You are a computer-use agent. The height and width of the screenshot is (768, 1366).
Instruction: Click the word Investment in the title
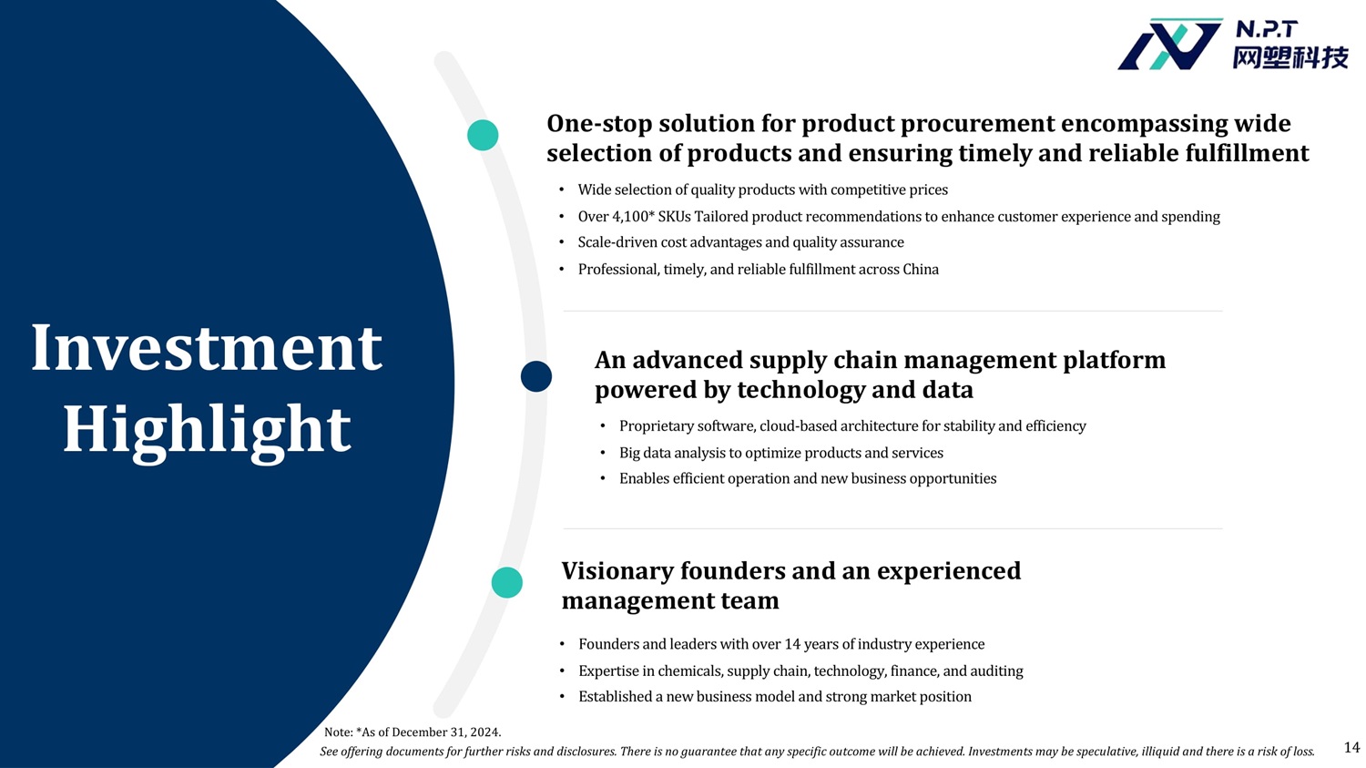[207, 348]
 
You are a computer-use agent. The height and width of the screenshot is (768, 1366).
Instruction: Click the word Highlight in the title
[207, 431]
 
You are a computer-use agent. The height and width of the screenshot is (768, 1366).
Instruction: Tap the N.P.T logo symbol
[1169, 45]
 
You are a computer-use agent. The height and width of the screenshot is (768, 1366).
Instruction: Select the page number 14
[1351, 747]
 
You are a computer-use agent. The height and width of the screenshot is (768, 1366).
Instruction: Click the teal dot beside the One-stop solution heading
[483, 135]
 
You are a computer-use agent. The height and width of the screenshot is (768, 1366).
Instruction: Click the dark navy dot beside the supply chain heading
[536, 375]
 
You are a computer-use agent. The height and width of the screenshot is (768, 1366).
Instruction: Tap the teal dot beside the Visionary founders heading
[506, 582]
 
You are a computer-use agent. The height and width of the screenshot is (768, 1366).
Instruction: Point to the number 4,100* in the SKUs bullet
[633, 217]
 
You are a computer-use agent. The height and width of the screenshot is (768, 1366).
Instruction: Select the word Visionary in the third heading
[617, 571]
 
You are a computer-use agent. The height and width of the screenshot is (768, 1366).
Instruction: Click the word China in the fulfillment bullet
[921, 270]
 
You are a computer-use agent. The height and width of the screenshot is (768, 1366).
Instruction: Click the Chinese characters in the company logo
[1290, 58]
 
